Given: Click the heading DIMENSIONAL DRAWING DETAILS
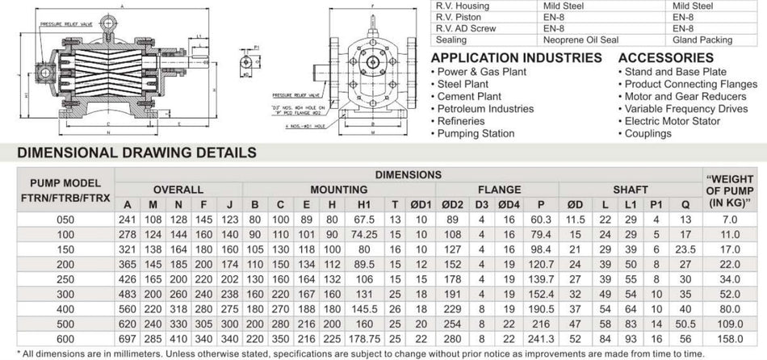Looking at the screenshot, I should [137, 152].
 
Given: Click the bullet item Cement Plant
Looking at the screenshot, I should [469, 96].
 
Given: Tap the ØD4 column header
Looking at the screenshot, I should [509, 203].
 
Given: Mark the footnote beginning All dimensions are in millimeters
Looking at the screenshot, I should [379, 352].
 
